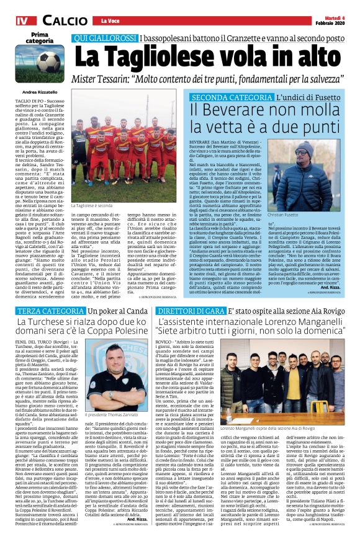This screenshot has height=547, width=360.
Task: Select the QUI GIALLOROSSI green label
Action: tap(104, 38)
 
